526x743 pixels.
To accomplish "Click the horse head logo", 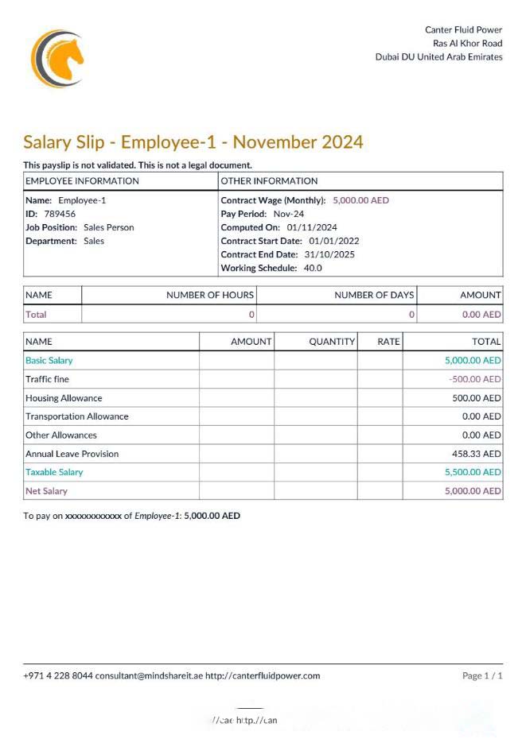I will coord(57,58).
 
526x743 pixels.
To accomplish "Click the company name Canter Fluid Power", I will coord(463,30).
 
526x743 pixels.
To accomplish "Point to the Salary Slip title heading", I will coord(193,142).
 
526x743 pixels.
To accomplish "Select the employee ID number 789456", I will coord(60,214).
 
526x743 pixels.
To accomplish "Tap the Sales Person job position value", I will coord(108,227).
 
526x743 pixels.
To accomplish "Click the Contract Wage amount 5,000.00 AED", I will coord(360,200).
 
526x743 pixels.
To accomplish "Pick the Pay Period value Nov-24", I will coord(288,214).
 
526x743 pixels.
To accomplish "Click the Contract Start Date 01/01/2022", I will coord(334,241).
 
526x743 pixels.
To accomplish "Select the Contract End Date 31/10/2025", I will coord(329,254).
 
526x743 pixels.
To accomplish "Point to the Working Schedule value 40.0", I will coord(313,268).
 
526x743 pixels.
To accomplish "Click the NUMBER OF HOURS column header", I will coord(210,295).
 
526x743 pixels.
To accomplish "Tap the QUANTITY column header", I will coord(332,342).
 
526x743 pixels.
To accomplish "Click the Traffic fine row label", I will coord(47,379).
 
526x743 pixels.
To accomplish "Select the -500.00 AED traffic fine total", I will coord(475,379).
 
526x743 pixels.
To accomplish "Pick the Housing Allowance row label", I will coord(64,398).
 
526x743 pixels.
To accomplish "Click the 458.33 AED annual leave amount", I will coord(477,454).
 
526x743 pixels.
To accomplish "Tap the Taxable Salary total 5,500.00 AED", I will coord(473,472).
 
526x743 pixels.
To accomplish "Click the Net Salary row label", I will coord(46,491).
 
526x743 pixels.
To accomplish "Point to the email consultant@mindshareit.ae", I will coord(149,676).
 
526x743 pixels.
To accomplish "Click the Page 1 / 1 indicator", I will coord(482,676).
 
